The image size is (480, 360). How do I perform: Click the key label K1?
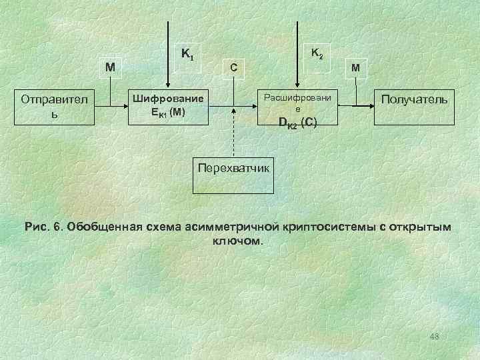(187, 53)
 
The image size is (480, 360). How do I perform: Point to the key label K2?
(317, 53)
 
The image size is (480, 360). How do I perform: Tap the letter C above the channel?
(233, 67)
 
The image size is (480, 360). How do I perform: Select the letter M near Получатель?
(358, 67)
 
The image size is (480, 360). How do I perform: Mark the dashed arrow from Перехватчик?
(233, 133)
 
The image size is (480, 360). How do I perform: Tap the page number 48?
(435, 335)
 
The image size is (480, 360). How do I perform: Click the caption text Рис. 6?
(43, 227)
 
